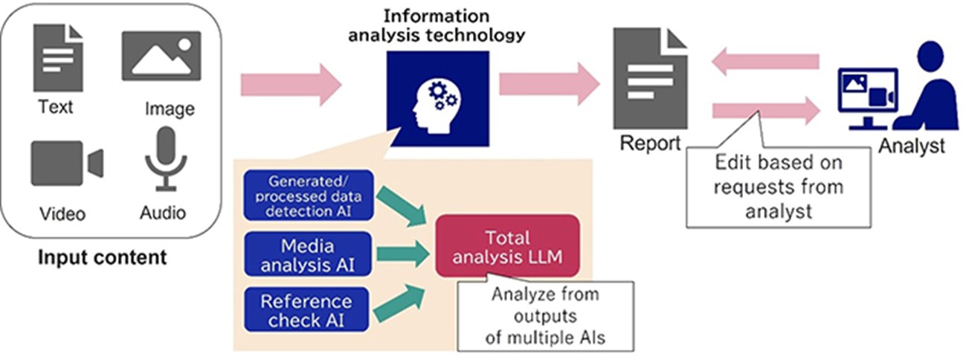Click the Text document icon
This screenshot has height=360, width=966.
point(56,58)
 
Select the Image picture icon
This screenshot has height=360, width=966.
point(161,56)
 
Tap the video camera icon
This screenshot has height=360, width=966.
point(66,164)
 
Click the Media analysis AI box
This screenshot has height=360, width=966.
point(306,253)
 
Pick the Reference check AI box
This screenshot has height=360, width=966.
point(306,310)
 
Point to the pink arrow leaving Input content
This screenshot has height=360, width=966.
point(291,84)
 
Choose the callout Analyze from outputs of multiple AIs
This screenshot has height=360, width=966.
point(545,316)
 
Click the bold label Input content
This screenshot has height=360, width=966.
point(102,259)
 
